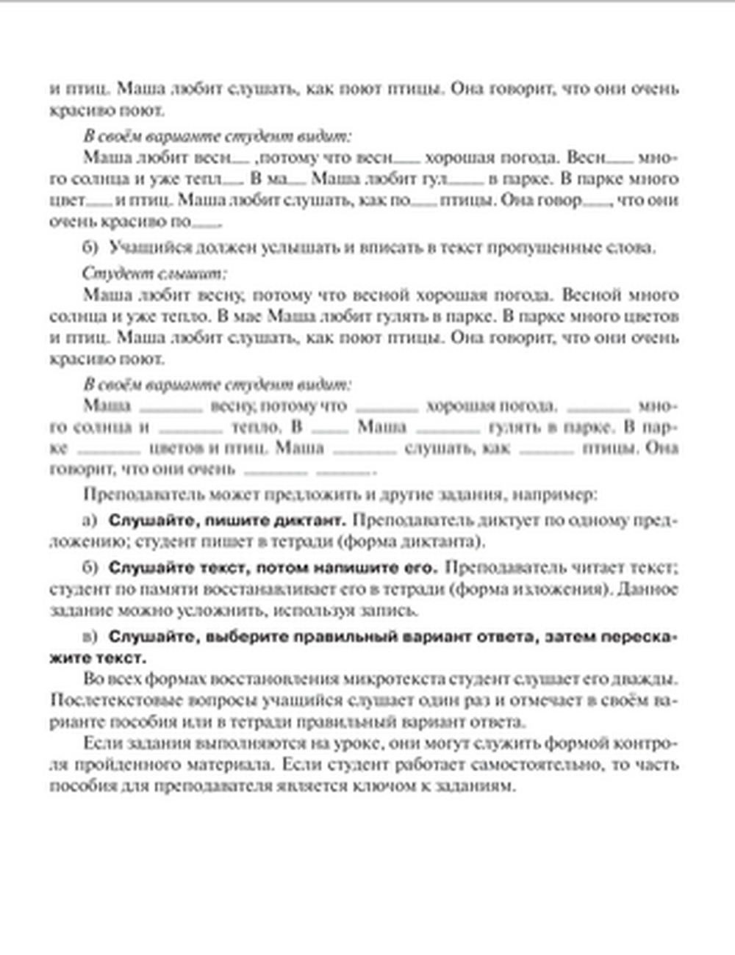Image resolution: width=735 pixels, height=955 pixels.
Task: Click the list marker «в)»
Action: tap(90, 636)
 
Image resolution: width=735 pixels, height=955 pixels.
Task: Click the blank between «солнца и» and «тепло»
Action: tap(190, 427)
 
